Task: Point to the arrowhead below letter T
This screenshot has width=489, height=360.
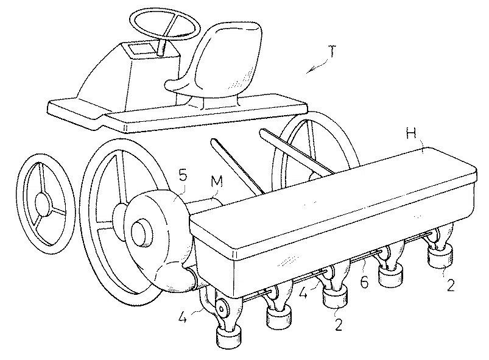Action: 309,71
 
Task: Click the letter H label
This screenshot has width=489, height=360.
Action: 411,134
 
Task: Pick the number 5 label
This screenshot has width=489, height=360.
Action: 183,176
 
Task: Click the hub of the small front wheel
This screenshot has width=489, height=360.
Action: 42,203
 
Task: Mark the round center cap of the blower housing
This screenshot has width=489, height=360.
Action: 139,232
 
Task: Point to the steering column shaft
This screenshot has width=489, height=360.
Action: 162,46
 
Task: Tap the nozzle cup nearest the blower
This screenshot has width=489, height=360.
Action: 228,337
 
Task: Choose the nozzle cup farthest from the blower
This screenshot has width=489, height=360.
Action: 440,255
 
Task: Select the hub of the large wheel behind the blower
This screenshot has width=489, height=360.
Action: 119,214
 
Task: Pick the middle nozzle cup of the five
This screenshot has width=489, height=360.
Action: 335,297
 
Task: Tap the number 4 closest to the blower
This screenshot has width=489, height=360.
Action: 183,317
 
